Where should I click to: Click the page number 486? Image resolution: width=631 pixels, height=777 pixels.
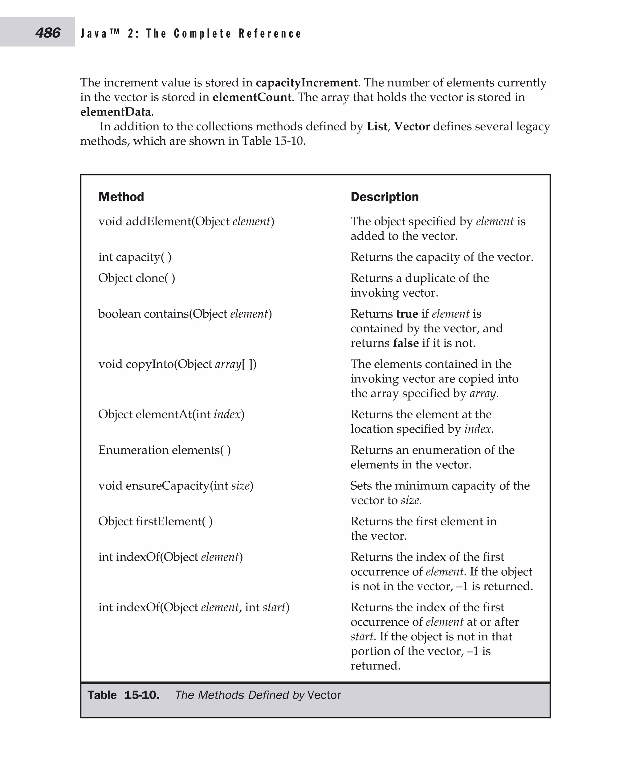click(x=48, y=33)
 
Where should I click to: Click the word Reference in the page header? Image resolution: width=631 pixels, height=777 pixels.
click(x=270, y=34)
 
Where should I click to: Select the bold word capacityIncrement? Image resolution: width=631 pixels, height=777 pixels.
click(x=307, y=83)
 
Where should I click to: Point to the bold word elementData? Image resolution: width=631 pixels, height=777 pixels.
click(x=115, y=112)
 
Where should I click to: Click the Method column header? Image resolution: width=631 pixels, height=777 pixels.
click(x=121, y=197)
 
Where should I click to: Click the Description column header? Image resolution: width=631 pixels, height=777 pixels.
click(x=385, y=197)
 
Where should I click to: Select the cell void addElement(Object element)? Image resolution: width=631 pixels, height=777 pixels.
click(x=186, y=221)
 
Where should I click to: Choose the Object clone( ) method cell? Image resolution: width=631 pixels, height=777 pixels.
click(x=137, y=278)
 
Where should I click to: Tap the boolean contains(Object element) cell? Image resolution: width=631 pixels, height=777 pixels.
click(x=185, y=314)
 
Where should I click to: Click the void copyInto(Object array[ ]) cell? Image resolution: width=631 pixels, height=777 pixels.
click(x=177, y=364)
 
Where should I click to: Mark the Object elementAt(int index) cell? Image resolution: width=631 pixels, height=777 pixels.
click(x=171, y=414)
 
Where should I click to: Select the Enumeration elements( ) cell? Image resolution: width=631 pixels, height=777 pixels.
click(x=164, y=450)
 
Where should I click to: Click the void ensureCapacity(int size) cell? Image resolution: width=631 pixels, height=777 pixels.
click(x=176, y=485)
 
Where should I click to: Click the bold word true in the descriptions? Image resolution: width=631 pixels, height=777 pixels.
click(x=407, y=314)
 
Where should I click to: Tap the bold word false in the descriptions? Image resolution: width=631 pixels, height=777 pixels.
click(x=406, y=343)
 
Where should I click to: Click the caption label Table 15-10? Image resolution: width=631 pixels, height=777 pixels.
click(x=124, y=695)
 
